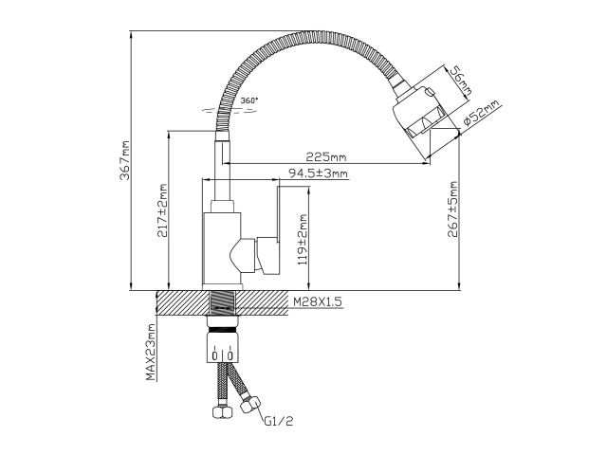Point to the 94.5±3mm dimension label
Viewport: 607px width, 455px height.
point(318,173)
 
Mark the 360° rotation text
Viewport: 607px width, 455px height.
point(249,100)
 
